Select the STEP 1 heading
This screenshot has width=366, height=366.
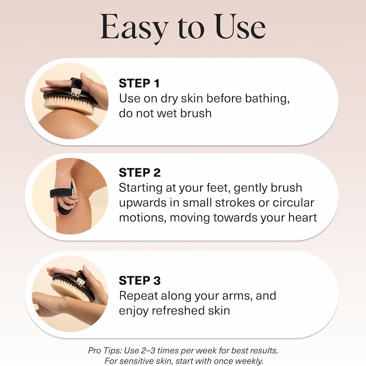point(139,83)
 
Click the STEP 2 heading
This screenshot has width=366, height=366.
point(140,172)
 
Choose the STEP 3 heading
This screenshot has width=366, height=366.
point(140,281)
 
